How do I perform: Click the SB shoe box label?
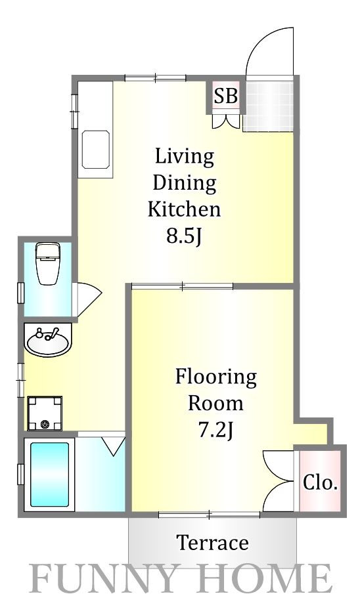tap(226, 96)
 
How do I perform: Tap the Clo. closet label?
tap(320, 482)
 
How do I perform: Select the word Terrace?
tap(213, 542)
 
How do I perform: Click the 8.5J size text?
tap(184, 236)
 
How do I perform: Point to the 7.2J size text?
tap(215, 431)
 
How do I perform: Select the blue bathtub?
tap(49, 475)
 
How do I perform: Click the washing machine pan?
tap(45, 414)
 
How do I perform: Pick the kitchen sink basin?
tap(96, 150)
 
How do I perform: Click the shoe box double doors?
tap(227, 121)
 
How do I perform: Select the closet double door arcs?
tap(279, 481)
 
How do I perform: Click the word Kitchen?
tap(184, 209)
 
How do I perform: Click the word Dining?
tap(185, 184)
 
